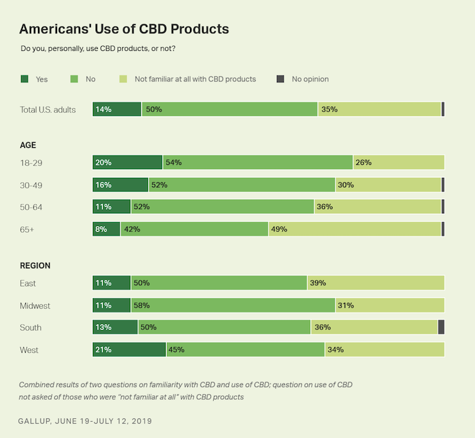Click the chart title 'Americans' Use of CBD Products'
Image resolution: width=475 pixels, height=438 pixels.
coord(123,29)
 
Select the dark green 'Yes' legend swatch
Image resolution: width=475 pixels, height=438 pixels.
coord(24,79)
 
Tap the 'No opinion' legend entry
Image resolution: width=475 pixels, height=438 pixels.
coord(309,79)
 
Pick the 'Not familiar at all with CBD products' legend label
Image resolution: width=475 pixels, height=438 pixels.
coord(195,79)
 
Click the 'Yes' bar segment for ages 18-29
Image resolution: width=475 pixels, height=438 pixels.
coord(128,162)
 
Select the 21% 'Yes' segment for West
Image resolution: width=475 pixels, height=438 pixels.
coord(129,350)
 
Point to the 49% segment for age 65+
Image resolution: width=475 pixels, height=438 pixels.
coord(355,229)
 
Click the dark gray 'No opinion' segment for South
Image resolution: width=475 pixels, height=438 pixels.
coord(441,327)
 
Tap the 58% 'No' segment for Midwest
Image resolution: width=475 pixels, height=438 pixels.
coord(233,305)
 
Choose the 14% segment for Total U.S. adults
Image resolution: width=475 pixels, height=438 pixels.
coord(117,109)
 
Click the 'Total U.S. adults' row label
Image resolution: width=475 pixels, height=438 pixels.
coord(47,109)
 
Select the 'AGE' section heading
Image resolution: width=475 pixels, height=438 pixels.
coord(28,145)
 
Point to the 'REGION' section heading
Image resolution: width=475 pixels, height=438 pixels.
coord(35,266)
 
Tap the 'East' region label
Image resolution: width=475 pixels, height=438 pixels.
coord(28,283)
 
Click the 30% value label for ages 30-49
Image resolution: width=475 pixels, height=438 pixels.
coord(346,185)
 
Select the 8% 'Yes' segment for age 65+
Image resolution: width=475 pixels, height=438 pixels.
coord(107,229)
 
